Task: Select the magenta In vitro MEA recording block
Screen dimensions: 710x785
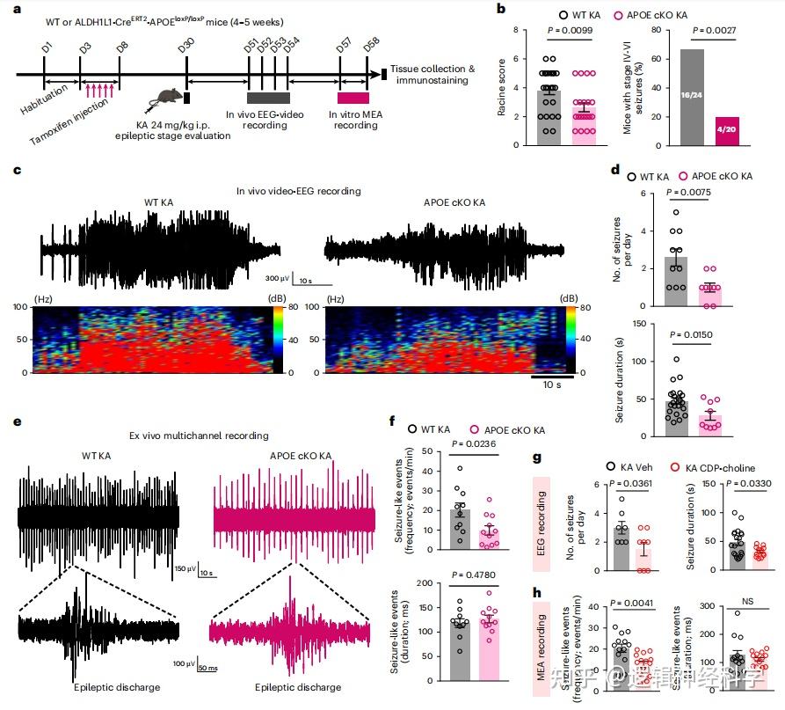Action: [x=353, y=98]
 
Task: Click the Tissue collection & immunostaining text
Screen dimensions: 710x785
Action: [x=433, y=76]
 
